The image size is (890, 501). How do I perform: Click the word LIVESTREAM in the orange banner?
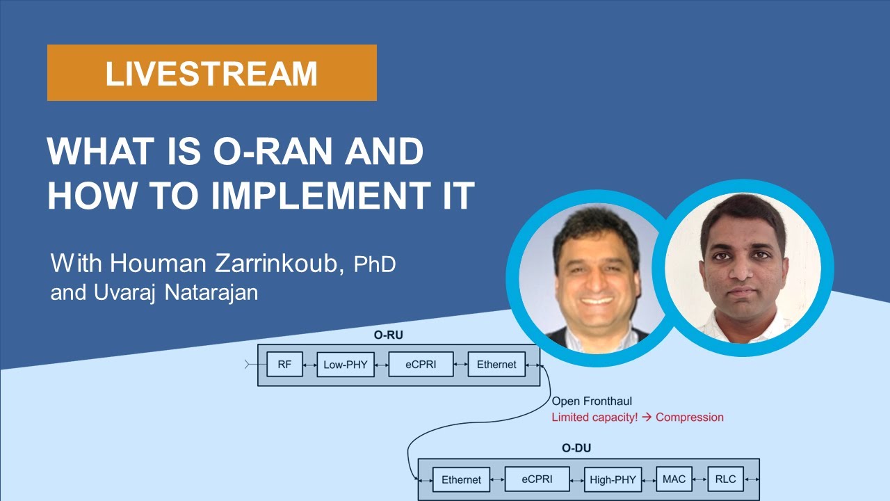(x=211, y=74)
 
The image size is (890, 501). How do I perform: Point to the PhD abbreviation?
(x=375, y=264)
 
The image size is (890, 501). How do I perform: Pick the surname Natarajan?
(x=211, y=293)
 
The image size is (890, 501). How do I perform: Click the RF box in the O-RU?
(x=284, y=364)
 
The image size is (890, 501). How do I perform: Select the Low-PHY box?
(x=346, y=364)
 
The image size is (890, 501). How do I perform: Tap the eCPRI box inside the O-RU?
(x=421, y=364)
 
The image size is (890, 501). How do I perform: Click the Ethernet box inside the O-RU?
(x=496, y=364)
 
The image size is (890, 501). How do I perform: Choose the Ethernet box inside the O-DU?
(x=461, y=479)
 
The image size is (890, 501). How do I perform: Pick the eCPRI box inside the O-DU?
(x=537, y=479)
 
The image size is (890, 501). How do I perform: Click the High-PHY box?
(x=613, y=479)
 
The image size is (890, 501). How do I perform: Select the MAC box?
(x=674, y=479)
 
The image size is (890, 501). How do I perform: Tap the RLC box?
(x=725, y=479)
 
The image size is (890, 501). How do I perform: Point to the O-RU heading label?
(x=388, y=335)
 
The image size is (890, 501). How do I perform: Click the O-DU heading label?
(x=576, y=448)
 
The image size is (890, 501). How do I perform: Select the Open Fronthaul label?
(x=592, y=401)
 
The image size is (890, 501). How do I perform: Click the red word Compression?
(x=689, y=417)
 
